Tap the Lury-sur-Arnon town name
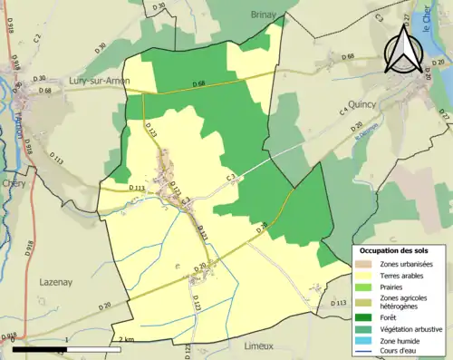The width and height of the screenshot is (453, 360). (100, 81)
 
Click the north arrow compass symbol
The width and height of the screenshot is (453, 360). (404, 47)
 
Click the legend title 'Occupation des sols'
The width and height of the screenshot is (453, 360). (395, 249)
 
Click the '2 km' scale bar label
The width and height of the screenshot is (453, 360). (126, 339)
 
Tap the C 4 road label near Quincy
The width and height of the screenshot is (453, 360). (344, 112)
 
